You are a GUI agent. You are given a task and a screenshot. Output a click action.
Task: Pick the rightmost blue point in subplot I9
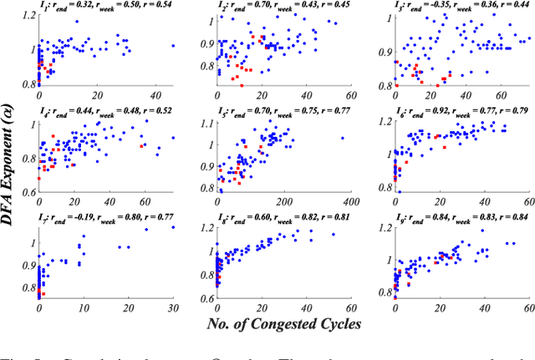[x=512, y=243]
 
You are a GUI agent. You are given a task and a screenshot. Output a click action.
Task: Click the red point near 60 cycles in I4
[x=142, y=145]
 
